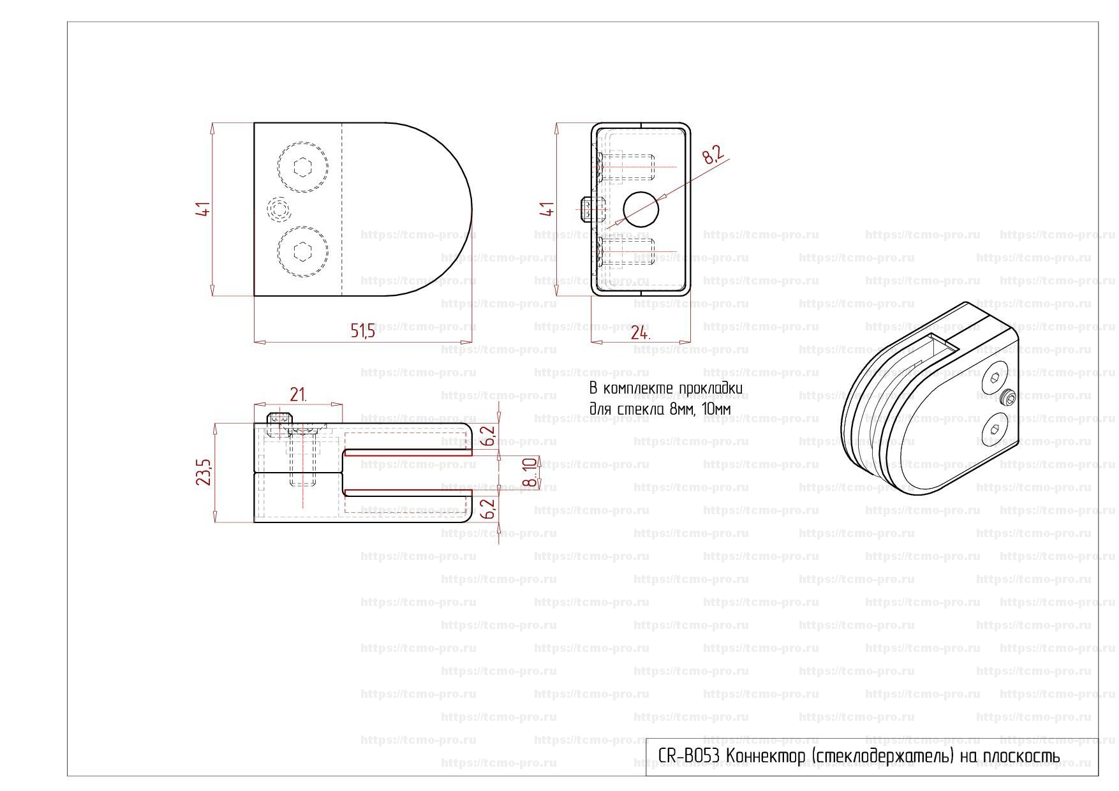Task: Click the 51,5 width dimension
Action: [x=363, y=330]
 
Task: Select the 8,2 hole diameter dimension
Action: [x=715, y=154]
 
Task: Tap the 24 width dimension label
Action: [x=640, y=333]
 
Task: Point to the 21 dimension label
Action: [x=298, y=395]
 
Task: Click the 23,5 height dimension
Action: [x=204, y=471]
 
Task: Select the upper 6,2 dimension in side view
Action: [x=489, y=436]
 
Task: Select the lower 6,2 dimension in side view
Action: [x=489, y=509]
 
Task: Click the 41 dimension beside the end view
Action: [x=547, y=209]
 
